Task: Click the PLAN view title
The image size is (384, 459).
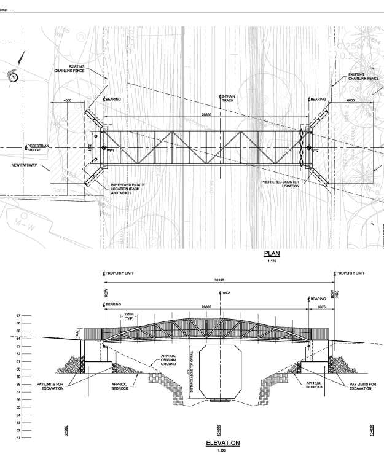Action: (x=271, y=253)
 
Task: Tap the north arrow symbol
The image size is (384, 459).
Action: (x=14, y=76)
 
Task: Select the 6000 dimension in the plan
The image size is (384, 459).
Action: (x=351, y=100)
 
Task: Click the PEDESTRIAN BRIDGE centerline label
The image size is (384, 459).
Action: (x=38, y=147)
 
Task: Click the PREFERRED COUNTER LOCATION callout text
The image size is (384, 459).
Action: (x=282, y=184)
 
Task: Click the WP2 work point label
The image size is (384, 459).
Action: (x=315, y=151)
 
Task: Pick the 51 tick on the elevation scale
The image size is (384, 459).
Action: (x=19, y=438)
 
